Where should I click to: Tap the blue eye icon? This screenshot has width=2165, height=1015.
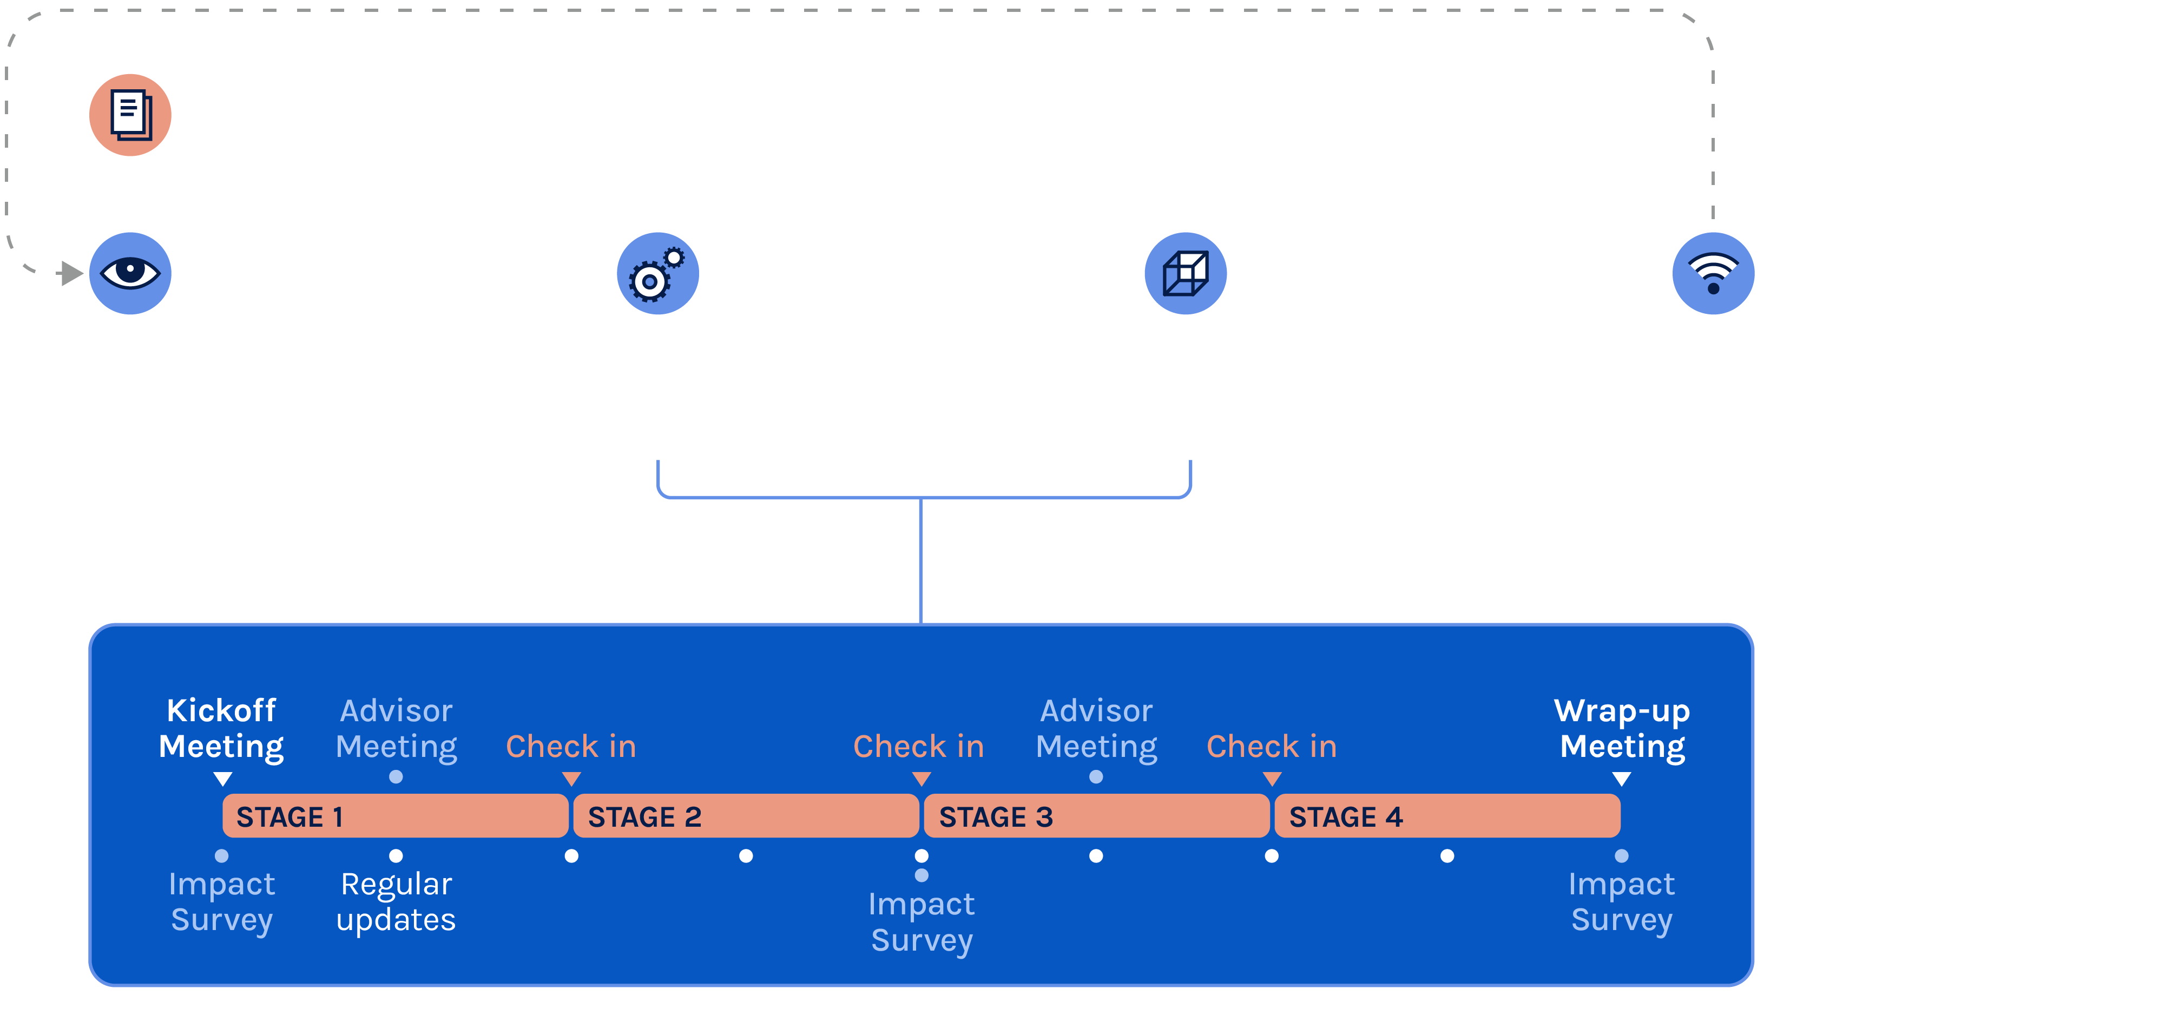[130, 273]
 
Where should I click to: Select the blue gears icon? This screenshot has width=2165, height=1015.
[657, 273]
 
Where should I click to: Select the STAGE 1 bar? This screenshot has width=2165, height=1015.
[395, 816]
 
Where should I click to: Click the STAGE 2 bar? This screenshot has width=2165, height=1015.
[746, 816]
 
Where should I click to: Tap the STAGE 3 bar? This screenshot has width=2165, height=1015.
[1096, 816]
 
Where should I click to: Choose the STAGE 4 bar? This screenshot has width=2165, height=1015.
[1446, 816]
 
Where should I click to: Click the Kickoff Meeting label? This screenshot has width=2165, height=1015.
[221, 728]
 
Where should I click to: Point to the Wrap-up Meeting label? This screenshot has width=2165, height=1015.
[1622, 728]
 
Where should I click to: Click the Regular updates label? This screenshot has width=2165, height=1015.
[396, 901]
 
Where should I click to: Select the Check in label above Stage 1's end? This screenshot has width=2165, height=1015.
[571, 746]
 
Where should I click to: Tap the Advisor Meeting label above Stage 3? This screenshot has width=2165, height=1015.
[1096, 728]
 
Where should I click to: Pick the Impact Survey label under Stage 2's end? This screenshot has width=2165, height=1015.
[921, 922]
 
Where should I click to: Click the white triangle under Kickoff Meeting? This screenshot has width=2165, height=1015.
[223, 779]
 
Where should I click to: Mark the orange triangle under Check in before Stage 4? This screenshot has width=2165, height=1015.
[1272, 779]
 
